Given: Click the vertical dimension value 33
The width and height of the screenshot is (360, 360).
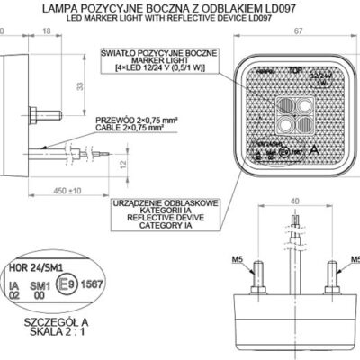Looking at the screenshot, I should click(77, 86).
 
